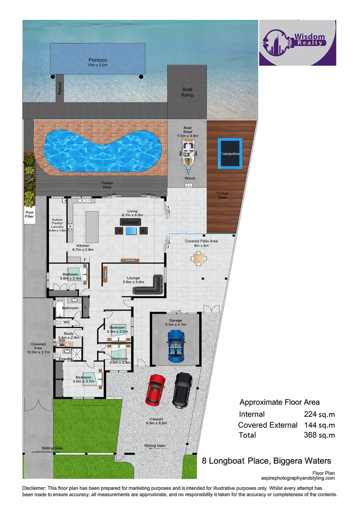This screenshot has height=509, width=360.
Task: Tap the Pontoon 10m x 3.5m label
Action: tap(98, 63)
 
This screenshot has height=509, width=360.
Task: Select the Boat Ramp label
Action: tap(187, 92)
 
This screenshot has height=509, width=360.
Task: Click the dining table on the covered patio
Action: tap(199, 258)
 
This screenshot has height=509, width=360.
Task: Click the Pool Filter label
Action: tap(30, 215)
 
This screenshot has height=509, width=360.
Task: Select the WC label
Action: tap(66, 322)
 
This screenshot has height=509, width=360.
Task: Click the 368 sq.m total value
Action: tap(319, 435)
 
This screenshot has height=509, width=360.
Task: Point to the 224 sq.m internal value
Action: tap(319, 414)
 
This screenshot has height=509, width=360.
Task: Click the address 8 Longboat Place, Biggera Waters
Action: tap(266, 460)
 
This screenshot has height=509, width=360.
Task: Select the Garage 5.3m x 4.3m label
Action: tap(176, 323)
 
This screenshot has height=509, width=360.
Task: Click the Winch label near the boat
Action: tap(190, 179)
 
